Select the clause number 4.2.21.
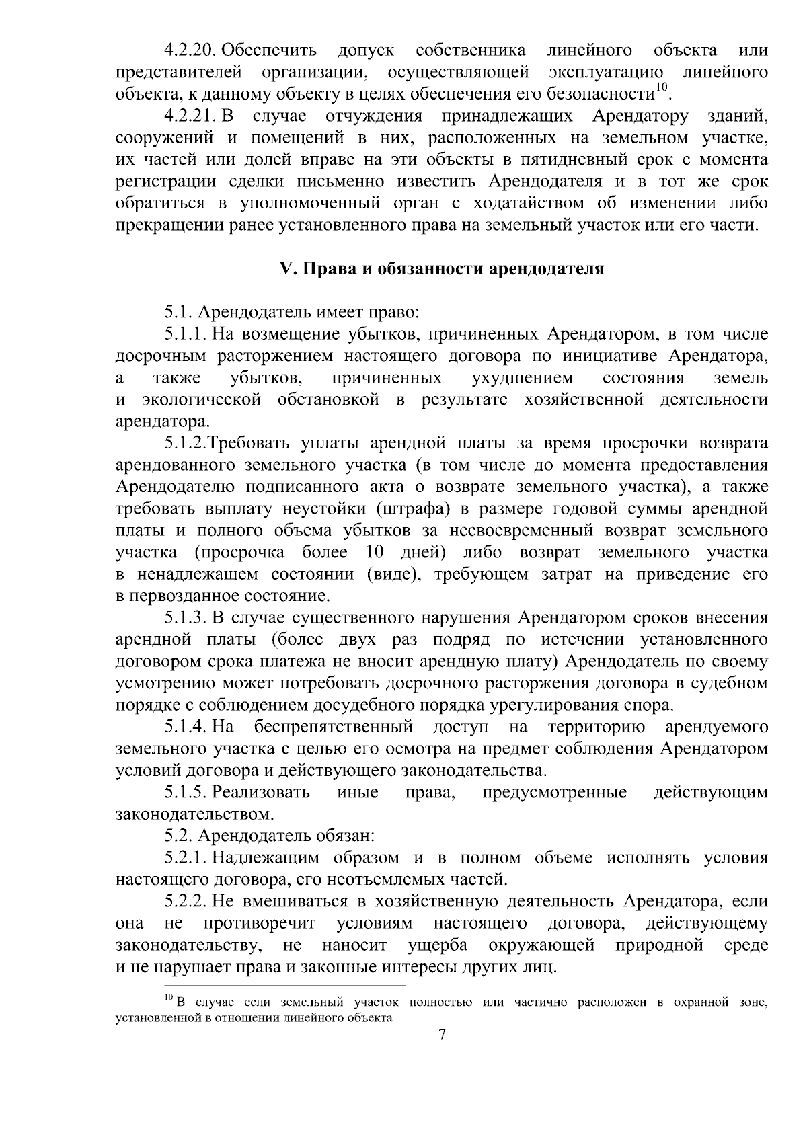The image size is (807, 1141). tap(190, 116)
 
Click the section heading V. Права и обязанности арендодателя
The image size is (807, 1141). tap(442, 269)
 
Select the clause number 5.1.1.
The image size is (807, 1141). tap(185, 334)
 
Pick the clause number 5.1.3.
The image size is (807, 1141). tap(185, 617)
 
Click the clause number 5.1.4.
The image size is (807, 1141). tap(185, 727)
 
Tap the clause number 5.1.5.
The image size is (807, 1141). tap(185, 792)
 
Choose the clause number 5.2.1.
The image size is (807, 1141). tap(185, 858)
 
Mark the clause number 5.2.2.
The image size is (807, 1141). tap(185, 902)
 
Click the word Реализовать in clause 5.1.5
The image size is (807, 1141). tap(265, 792)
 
